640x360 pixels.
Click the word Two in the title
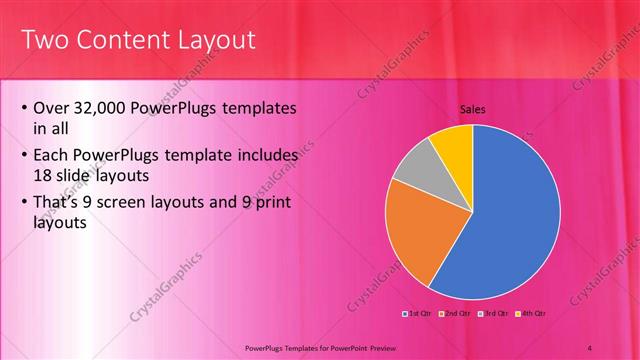click(x=44, y=40)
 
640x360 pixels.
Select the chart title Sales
click(x=472, y=109)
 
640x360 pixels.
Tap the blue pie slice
click(x=510, y=220)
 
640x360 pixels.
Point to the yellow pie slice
click(x=453, y=143)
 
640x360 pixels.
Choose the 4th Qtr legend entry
click(x=530, y=313)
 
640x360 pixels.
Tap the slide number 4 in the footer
click(x=590, y=347)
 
